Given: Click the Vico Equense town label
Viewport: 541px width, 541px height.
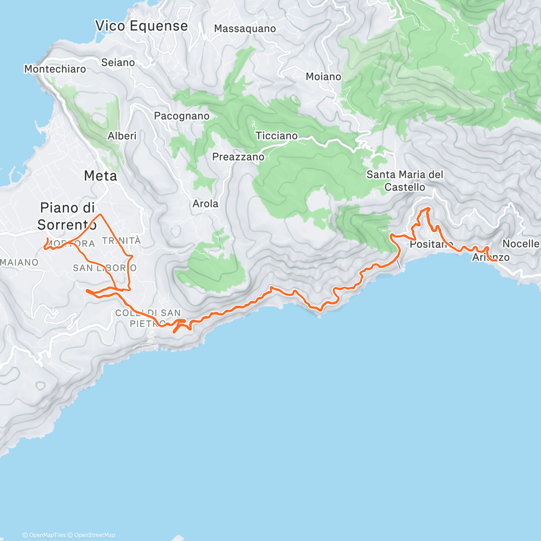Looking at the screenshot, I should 142,26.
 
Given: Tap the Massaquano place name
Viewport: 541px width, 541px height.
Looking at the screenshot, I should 245,29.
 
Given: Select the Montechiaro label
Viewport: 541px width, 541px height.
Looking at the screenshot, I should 55,69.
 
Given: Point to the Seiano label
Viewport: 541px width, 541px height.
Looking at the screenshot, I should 118,63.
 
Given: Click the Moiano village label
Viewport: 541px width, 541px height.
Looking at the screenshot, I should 323,77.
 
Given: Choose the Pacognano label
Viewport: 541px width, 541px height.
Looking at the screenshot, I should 182,116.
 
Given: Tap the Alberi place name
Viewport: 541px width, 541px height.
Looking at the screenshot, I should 122,136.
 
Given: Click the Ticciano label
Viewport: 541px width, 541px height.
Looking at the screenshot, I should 276,136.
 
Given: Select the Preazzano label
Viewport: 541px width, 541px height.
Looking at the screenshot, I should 238,157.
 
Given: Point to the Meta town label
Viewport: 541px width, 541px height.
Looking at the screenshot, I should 101,176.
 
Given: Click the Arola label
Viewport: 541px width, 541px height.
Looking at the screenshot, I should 205,204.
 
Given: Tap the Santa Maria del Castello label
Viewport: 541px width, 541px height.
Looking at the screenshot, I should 405,181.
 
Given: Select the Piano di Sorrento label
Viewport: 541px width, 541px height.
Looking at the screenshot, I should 67,216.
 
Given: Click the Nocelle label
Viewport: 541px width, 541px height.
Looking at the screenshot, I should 521,244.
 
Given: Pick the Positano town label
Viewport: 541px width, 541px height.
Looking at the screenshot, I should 431,244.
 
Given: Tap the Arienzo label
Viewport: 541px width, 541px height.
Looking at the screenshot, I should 491,257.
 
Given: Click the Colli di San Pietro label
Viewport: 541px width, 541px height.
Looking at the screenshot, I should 148,318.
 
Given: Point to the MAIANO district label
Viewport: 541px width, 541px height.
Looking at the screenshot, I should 19,262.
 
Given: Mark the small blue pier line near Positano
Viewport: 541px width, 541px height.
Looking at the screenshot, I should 399,265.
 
